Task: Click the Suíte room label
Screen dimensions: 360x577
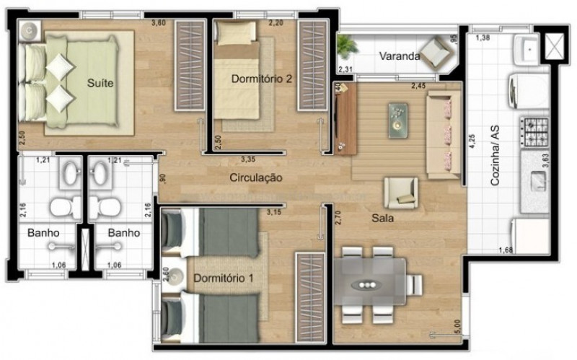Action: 100,83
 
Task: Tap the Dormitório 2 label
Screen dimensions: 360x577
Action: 261,79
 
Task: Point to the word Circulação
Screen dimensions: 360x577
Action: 256,177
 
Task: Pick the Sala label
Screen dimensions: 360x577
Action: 382,218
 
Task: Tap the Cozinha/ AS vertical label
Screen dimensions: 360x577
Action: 495,156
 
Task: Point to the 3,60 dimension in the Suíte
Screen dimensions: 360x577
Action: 158,22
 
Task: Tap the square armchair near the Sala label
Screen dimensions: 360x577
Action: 400,192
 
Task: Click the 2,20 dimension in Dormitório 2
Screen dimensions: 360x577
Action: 275,23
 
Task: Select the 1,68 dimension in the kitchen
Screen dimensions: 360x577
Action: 506,250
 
